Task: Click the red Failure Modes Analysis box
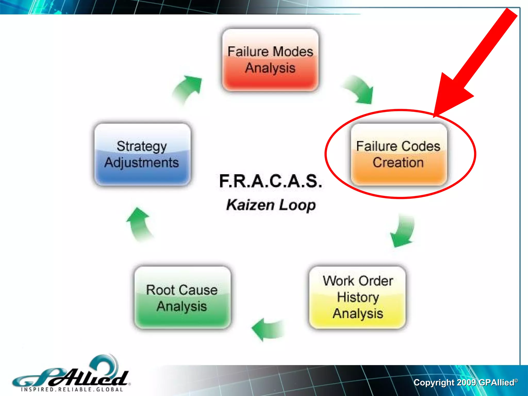click(270, 60)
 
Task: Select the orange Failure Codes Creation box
click(399, 154)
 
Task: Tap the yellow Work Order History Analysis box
click(357, 297)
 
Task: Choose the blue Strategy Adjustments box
click(142, 154)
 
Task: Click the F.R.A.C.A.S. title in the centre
click(271, 181)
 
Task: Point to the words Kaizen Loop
click(271, 205)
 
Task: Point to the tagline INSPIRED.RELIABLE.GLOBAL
click(72, 389)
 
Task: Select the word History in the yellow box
click(358, 297)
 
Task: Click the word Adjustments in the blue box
click(142, 163)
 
